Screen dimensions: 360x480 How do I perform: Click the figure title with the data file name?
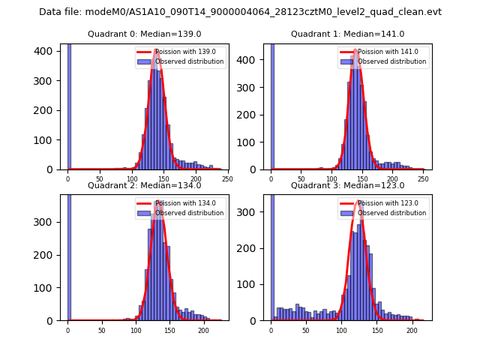click(240, 12)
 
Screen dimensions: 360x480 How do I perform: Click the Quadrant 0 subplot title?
click(144, 34)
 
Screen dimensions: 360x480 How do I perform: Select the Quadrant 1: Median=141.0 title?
click(347, 34)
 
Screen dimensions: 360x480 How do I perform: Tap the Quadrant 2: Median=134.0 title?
click(144, 185)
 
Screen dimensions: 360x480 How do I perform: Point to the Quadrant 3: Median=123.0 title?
click(347, 185)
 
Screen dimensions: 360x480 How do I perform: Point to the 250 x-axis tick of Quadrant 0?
click(227, 178)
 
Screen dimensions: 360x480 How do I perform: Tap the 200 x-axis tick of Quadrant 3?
click(412, 329)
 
